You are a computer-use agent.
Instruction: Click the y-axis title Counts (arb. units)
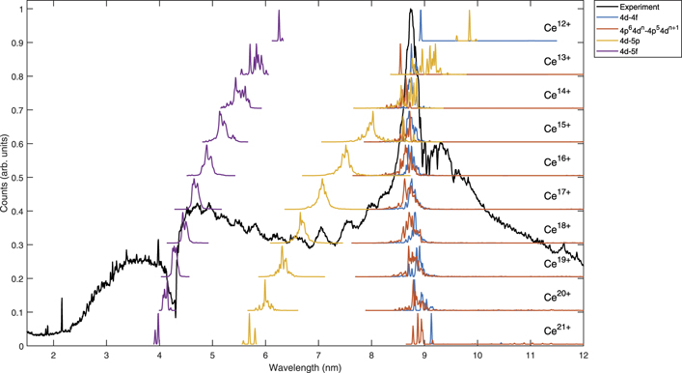[x=7, y=177]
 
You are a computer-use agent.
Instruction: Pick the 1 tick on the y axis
[x=22, y=9]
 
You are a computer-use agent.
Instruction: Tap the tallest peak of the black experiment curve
[x=411, y=11]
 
